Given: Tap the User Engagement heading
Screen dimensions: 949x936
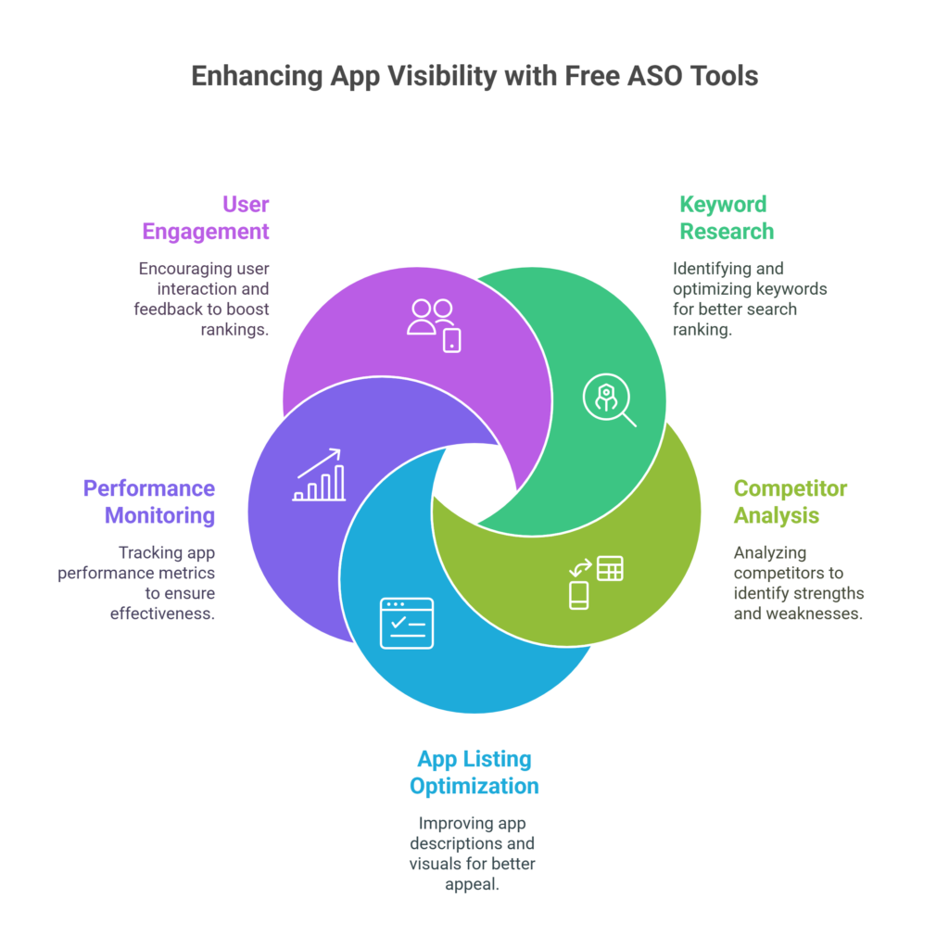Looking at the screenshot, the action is pyautogui.click(x=206, y=218).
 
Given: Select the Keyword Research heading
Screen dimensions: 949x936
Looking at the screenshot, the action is pyautogui.click(x=727, y=218).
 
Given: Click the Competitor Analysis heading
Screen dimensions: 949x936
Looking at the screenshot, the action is pyautogui.click(x=790, y=501).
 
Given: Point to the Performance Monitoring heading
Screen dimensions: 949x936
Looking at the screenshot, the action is pyautogui.click(x=149, y=501).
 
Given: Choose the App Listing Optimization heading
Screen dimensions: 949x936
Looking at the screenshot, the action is pyautogui.click(x=474, y=773).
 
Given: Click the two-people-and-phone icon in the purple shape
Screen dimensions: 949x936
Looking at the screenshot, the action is pyautogui.click(x=434, y=325).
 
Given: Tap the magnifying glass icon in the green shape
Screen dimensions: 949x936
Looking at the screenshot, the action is pyautogui.click(x=610, y=400).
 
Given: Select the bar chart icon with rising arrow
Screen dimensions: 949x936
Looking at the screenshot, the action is pyautogui.click(x=319, y=475).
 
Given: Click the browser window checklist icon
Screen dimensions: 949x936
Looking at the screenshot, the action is pyautogui.click(x=407, y=623).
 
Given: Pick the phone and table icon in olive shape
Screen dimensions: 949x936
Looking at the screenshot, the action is pyautogui.click(x=596, y=582).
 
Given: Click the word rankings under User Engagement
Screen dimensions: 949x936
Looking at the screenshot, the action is pyautogui.click(x=234, y=330).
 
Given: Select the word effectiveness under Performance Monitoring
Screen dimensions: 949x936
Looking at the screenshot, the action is pyautogui.click(x=162, y=613).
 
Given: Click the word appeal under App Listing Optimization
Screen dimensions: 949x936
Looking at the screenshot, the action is pyautogui.click(x=472, y=885).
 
